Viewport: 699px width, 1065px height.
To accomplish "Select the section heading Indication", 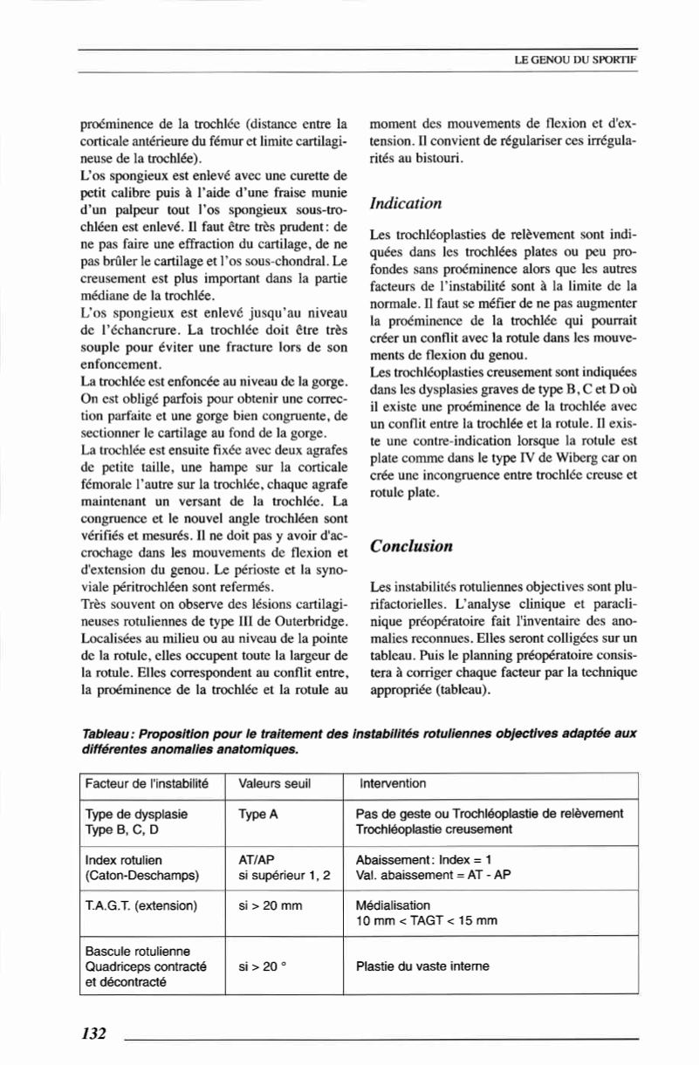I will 406,203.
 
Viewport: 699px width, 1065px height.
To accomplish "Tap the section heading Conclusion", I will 411,547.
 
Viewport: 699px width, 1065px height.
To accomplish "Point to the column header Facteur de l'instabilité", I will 147,783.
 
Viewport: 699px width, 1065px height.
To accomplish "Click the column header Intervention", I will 393,783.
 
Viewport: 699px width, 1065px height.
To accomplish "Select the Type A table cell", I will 257,814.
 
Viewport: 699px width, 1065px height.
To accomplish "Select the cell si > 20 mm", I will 270,905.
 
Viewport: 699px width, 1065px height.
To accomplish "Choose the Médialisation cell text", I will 394,905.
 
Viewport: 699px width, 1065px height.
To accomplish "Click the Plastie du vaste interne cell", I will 423,966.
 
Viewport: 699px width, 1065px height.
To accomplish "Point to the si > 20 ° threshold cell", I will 264,966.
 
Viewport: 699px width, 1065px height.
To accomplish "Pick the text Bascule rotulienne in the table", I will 137,951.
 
